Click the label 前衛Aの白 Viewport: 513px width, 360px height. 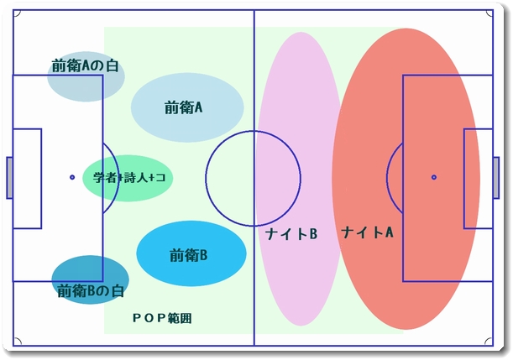85,66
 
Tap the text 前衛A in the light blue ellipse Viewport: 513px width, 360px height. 185,107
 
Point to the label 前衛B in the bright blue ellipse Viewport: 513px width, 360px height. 189,255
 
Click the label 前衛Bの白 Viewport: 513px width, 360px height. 91,291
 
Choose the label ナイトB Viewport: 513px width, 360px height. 291,234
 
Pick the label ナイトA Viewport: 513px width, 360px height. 367,232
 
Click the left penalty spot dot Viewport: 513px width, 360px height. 72,177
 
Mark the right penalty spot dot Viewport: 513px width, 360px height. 434,177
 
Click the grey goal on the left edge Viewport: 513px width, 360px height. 9,178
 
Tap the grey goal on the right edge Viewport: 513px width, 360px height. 496,178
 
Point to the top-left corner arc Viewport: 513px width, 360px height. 16,13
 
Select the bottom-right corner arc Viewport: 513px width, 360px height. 490,342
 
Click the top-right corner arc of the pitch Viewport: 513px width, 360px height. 490,13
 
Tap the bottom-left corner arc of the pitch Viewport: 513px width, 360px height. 16,342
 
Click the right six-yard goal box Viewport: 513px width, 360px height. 478,178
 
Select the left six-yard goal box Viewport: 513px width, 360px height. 28,178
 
